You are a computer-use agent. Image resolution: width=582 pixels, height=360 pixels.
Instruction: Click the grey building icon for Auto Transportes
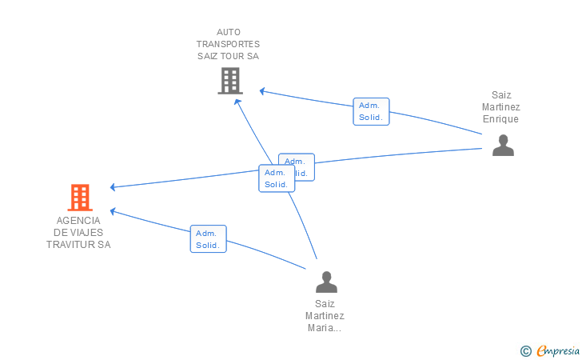(229, 81)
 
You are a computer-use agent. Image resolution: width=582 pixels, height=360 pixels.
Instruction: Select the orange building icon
(79, 197)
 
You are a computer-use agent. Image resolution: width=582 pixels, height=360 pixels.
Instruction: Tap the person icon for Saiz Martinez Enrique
(502, 145)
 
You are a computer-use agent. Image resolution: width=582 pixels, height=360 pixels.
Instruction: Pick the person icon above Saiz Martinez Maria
(325, 282)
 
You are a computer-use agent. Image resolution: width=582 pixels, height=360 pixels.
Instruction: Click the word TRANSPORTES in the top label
(228, 44)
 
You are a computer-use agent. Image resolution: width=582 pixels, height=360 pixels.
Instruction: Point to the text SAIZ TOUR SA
(228, 56)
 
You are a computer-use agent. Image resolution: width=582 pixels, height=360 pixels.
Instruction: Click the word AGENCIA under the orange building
(78, 220)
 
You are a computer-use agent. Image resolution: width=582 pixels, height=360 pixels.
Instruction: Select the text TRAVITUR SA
(78, 244)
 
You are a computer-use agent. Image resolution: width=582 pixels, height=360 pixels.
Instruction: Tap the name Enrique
(500, 119)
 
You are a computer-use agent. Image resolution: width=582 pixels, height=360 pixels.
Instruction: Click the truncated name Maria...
(325, 327)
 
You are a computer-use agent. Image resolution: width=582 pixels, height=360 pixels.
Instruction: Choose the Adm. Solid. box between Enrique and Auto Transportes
(371, 111)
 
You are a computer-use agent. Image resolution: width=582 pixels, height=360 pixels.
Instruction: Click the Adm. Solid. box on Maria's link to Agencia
(208, 238)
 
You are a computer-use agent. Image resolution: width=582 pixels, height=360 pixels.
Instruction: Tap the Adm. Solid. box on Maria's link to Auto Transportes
(276, 178)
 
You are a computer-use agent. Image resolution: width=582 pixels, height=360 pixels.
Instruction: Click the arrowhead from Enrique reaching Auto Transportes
(261, 90)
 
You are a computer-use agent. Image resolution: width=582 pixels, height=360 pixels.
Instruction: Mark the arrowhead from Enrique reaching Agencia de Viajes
(114, 187)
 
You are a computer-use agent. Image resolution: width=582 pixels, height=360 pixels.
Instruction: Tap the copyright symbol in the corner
(525, 350)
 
